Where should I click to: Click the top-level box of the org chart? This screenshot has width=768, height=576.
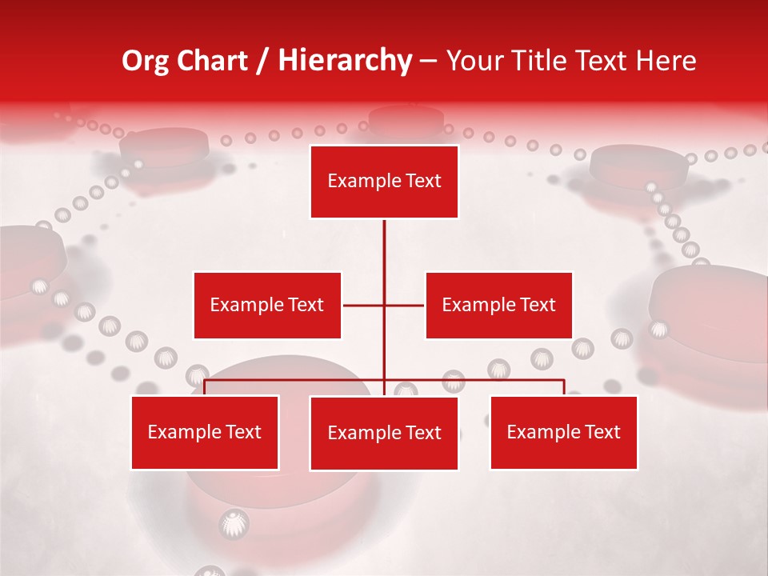(x=384, y=182)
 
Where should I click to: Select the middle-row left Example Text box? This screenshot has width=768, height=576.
(x=267, y=305)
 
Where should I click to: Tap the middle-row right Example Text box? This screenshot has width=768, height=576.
(x=498, y=305)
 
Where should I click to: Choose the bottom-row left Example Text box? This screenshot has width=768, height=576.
(x=205, y=432)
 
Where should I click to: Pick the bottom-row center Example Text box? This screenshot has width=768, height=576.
(x=384, y=433)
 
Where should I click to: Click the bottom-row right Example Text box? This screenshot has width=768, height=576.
(x=563, y=432)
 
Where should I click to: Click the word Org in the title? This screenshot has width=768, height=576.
(x=145, y=61)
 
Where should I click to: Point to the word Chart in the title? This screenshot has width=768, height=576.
(x=212, y=61)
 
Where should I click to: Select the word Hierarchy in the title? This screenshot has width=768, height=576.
(x=344, y=61)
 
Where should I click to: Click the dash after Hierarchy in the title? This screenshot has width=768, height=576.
(x=428, y=62)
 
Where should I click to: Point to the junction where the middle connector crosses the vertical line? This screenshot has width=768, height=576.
(x=384, y=305)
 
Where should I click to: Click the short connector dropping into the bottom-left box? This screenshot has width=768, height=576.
(x=205, y=387)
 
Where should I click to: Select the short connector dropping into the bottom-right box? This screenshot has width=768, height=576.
(x=564, y=387)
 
